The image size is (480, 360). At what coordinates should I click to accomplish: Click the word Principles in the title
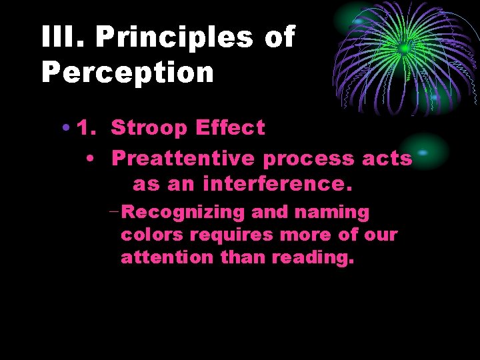pyautogui.click(x=175, y=37)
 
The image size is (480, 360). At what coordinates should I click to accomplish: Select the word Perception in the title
pyautogui.click(x=127, y=72)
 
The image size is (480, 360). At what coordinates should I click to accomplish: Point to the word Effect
pyautogui.click(x=230, y=127)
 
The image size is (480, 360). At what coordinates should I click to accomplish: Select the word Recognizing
pyautogui.click(x=185, y=213)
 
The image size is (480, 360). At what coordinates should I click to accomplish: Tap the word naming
pyautogui.click(x=331, y=213)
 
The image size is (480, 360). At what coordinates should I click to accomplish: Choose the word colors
pyautogui.click(x=153, y=235)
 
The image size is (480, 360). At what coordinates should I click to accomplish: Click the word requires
pyautogui.click(x=231, y=235)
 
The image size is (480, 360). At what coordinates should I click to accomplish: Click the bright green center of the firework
pyautogui.click(x=404, y=48)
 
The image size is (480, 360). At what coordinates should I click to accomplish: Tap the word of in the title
pyautogui.click(x=279, y=37)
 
